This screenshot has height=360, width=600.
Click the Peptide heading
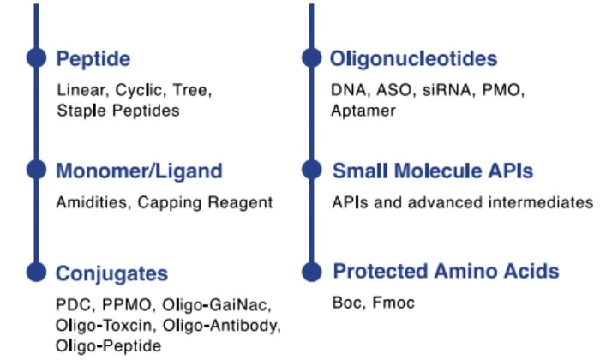[93, 59]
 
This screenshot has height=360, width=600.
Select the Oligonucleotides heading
[414, 59]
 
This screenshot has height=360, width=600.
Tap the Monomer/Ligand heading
[139, 171]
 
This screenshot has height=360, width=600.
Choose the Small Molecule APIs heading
[433, 171]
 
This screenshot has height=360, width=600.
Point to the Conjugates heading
[111, 273]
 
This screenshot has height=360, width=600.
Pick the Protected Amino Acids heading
[446, 272]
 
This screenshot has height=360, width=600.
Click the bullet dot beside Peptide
[35, 58]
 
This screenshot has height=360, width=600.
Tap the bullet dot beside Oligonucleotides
[312, 58]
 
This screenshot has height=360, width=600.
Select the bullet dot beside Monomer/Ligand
[35, 170]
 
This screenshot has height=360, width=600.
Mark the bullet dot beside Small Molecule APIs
[312, 170]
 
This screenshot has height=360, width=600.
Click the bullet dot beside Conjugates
[35, 272]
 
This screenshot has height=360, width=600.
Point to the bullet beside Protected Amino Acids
[312, 272]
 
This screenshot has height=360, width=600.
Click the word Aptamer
[363, 111]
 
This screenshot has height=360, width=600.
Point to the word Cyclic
[142, 90]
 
